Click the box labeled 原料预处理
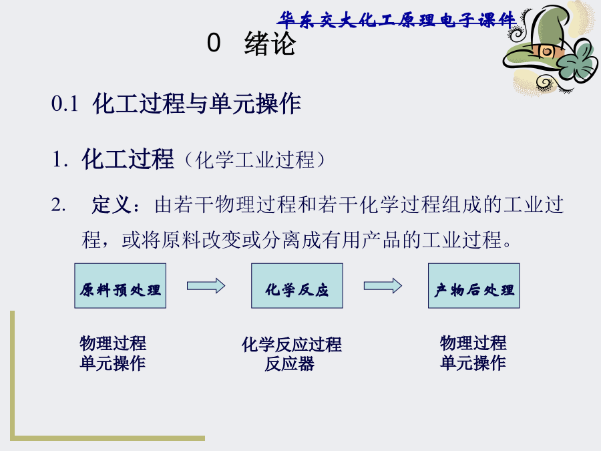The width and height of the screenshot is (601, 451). (120, 286)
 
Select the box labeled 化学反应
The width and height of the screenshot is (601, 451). (297, 286)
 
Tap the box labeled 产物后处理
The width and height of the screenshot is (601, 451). (473, 286)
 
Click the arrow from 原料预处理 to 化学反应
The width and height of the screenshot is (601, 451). (206, 286)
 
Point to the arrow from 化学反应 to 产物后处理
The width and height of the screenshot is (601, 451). (383, 286)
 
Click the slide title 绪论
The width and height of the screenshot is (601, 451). (270, 43)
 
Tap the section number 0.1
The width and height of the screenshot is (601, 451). (65, 104)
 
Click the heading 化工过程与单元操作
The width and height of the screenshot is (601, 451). (196, 104)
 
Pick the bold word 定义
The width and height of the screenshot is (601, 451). (112, 204)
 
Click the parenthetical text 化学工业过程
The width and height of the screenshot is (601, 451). (254, 160)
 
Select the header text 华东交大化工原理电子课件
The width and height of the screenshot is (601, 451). (397, 19)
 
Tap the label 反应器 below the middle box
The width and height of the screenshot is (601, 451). (289, 363)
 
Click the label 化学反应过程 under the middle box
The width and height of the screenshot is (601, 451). (291, 344)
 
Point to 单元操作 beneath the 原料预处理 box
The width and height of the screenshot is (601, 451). (113, 363)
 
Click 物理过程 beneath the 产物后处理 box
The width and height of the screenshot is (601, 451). (473, 343)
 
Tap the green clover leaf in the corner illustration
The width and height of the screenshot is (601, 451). (579, 61)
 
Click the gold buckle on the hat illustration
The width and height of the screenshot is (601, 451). (546, 51)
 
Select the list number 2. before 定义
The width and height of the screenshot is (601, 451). (58, 205)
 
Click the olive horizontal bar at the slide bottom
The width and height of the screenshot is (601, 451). (110, 438)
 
